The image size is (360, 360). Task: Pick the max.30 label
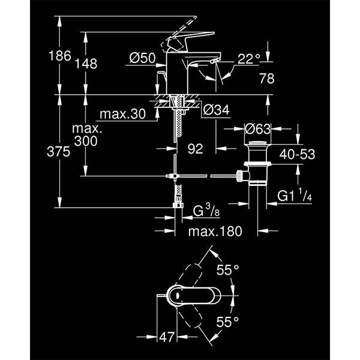(x=123, y=114)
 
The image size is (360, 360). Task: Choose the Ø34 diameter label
(x=215, y=110)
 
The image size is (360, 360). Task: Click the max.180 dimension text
(x=212, y=231)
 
